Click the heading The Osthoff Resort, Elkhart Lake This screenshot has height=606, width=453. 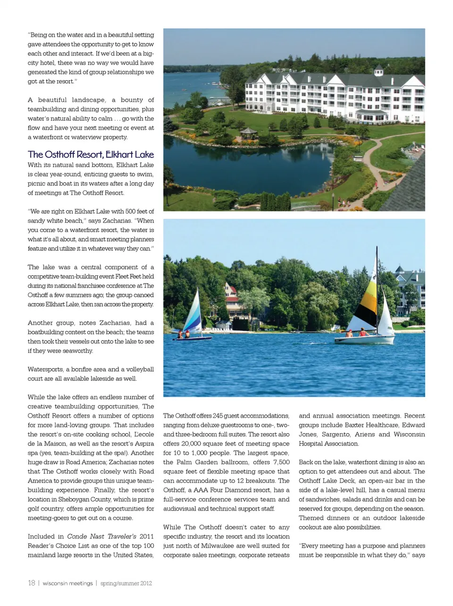coord(91,154)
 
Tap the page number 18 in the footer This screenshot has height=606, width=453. coord(32,583)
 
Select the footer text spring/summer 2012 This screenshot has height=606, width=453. coord(126,583)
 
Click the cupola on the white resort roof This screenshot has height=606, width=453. coord(378,71)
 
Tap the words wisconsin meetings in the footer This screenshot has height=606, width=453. coord(67,583)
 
